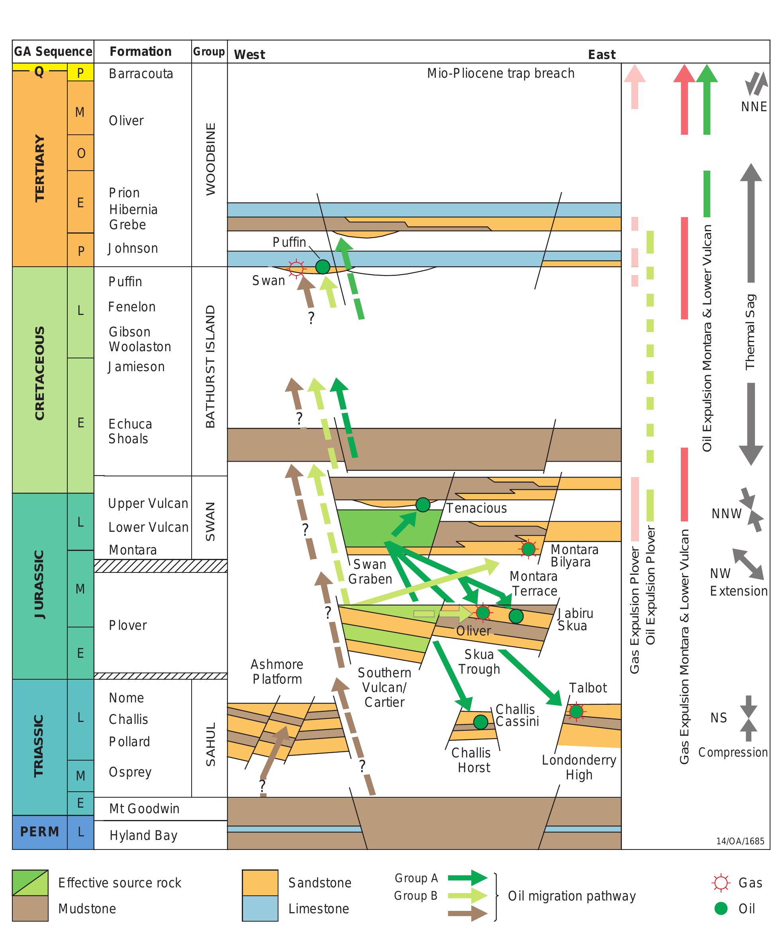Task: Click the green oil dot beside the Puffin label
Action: point(323,267)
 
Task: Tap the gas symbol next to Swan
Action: point(296,268)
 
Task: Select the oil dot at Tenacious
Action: point(423,505)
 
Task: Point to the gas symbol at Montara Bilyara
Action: point(528,549)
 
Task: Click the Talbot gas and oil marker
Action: point(576,711)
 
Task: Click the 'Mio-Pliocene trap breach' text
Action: point(501,73)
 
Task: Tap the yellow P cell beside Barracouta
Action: point(80,73)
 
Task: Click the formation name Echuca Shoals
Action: point(130,431)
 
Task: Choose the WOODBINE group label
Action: point(210,159)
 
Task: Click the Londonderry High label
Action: point(579,767)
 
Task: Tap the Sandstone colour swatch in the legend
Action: point(260,883)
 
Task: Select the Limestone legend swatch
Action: point(260,908)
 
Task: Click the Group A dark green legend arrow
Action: point(467,878)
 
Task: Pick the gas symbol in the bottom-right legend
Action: point(721,883)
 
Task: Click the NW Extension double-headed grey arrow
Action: point(749,564)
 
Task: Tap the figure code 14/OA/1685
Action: point(740,841)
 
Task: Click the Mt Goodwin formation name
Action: point(144,808)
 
